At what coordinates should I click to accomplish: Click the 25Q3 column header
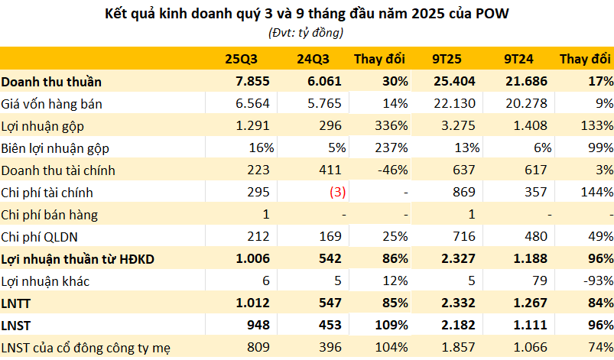tap(240, 59)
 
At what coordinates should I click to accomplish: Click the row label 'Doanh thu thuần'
tap(51, 81)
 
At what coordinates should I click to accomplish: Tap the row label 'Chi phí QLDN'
tap(43, 237)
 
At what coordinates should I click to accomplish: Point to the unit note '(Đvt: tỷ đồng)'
tap(306, 32)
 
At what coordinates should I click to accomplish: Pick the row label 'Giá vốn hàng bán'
tap(52, 103)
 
